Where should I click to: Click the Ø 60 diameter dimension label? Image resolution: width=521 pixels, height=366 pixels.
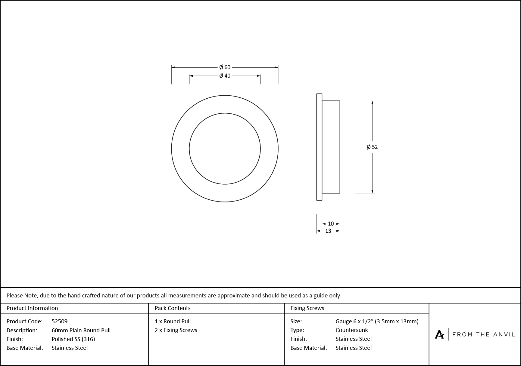pyautogui.click(x=225, y=67)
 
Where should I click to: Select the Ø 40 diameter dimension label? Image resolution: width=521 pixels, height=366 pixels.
pyautogui.click(x=225, y=76)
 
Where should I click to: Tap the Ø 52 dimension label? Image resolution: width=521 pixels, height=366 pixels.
pyautogui.click(x=372, y=147)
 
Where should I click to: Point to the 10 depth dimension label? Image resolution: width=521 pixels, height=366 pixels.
pyautogui.click(x=331, y=224)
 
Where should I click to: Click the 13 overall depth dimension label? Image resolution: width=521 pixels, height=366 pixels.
pyautogui.click(x=328, y=231)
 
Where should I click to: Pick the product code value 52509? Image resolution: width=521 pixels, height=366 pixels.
pyautogui.click(x=60, y=321)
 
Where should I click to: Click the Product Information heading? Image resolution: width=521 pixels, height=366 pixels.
pyautogui.click(x=32, y=308)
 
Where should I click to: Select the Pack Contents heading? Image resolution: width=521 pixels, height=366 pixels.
pyautogui.click(x=173, y=308)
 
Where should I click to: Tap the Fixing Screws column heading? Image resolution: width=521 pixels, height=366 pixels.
pyautogui.click(x=307, y=308)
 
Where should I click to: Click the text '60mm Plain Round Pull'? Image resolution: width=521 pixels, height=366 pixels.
pyautogui.click(x=81, y=330)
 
